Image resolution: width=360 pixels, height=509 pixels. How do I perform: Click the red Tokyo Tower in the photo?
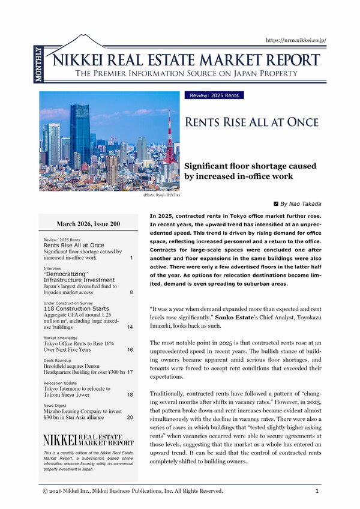170,141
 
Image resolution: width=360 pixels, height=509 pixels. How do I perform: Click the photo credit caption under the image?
161,195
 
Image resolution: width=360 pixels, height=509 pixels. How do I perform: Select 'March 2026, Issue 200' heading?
88,224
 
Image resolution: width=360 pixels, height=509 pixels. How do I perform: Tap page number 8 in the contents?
130,292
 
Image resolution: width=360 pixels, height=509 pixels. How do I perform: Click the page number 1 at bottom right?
317,491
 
